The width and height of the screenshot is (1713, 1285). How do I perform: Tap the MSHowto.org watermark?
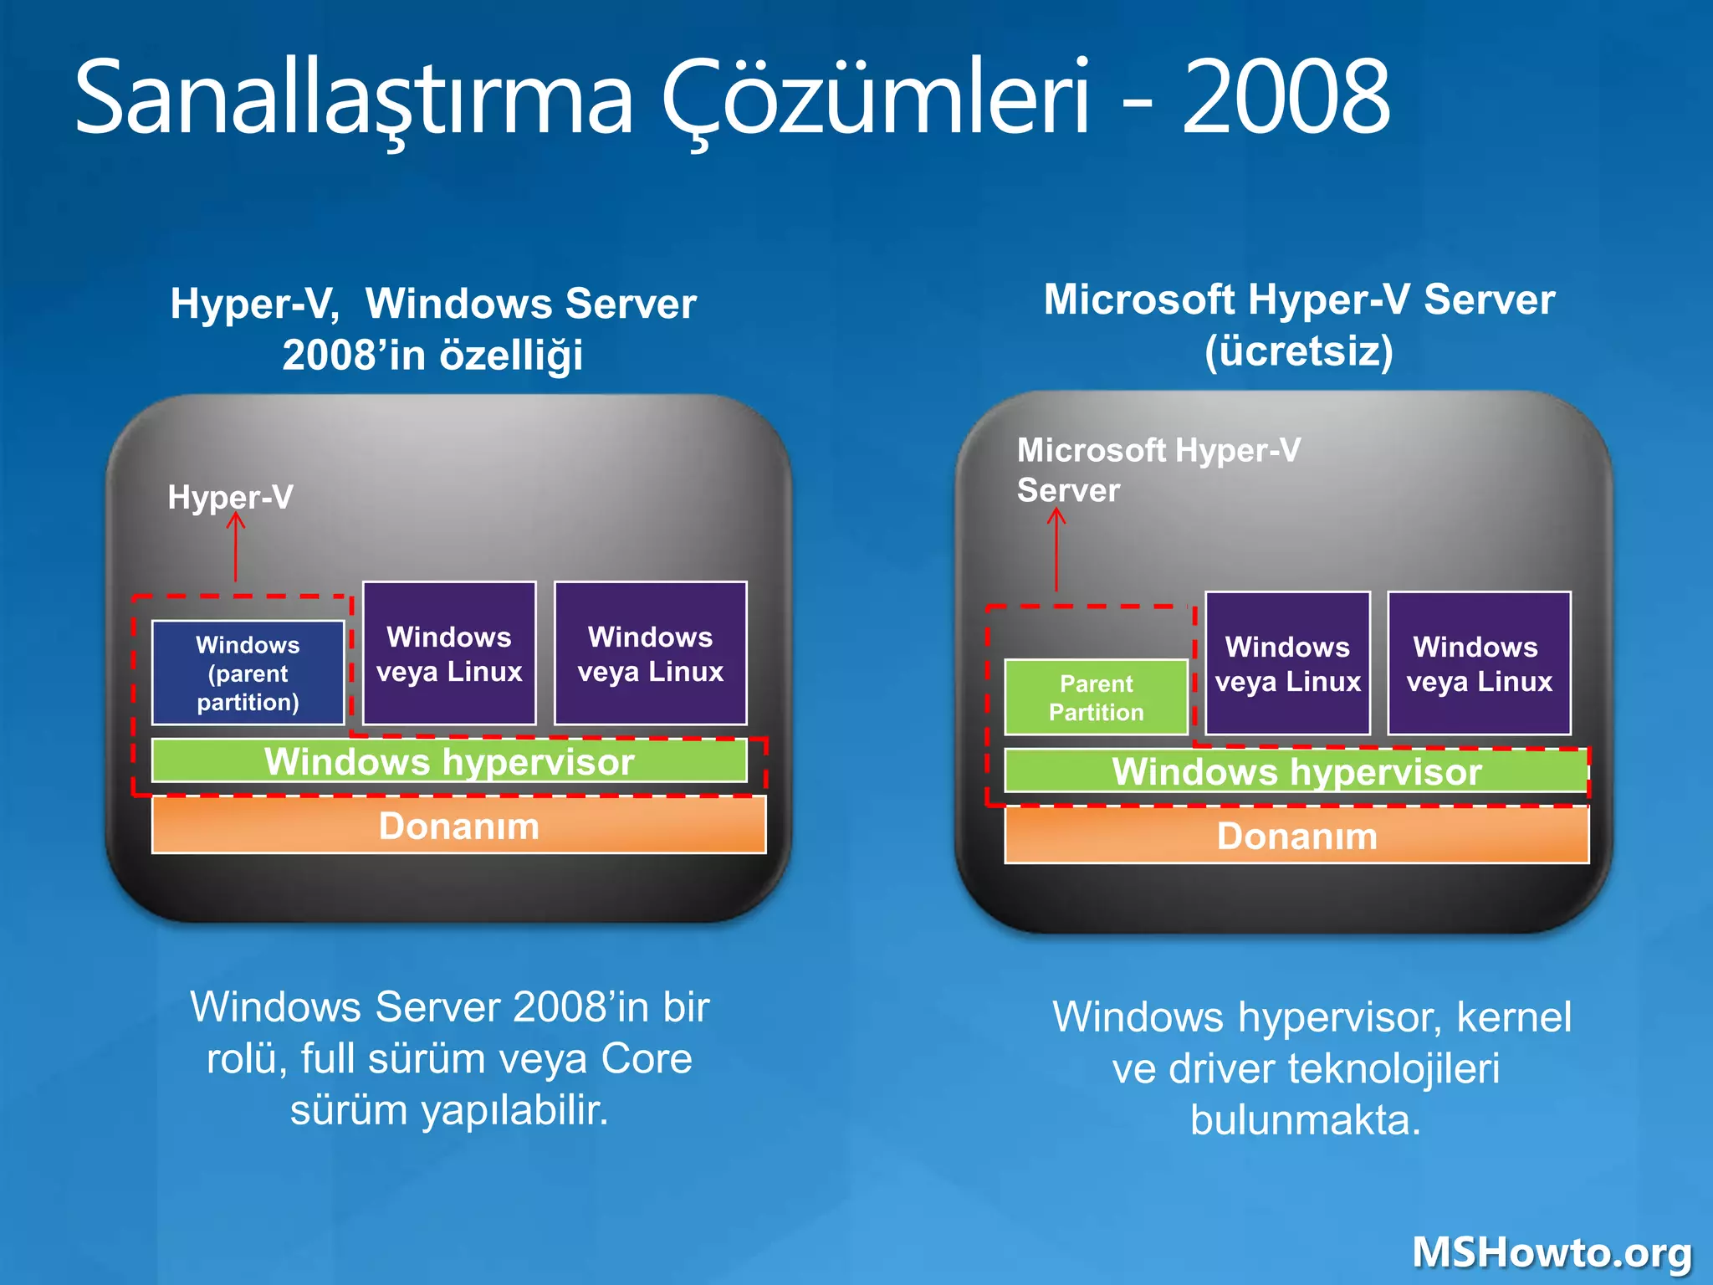point(1552,1252)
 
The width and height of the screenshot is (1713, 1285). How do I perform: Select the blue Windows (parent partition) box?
point(248,673)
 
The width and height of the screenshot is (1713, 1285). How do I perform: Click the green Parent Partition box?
point(1096,697)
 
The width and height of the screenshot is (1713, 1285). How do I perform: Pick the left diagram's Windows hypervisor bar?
point(449,761)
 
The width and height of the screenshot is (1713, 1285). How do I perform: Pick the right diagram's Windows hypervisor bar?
point(1296,771)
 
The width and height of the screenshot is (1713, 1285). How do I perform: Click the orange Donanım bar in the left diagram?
point(458,826)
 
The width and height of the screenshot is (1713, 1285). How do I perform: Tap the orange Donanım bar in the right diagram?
point(1296,836)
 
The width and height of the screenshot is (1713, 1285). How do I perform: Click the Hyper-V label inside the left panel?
point(230,497)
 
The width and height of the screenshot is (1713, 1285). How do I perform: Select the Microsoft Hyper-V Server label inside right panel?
point(1158,469)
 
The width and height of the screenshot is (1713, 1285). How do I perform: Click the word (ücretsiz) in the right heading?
point(1299,351)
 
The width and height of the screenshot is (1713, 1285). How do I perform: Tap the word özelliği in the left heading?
point(511,355)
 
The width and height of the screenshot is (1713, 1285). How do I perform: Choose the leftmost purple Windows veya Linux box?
point(449,653)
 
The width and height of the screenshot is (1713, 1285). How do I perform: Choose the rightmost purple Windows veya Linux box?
point(1479,663)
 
